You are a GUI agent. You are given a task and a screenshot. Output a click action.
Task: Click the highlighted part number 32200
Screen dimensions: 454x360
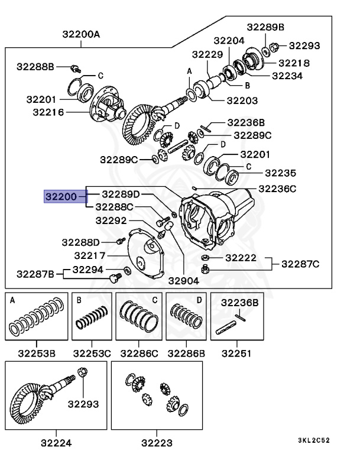pos(61,196)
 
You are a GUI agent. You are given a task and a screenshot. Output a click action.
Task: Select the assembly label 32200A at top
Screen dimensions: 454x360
pos(81,34)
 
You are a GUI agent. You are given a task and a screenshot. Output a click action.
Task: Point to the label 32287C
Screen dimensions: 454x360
pos(300,264)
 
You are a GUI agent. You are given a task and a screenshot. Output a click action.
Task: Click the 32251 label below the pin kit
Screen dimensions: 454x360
pos(236,354)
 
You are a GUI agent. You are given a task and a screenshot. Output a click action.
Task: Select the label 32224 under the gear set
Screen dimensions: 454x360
pos(56,442)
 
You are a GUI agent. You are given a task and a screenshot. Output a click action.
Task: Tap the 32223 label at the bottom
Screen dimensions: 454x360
pos(157,442)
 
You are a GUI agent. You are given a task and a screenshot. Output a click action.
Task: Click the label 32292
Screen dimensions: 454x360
pos(111,220)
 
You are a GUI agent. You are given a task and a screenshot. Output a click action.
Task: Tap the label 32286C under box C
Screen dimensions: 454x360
pos(139,354)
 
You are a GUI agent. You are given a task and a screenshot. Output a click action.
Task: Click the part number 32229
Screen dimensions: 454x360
pos(207,54)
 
